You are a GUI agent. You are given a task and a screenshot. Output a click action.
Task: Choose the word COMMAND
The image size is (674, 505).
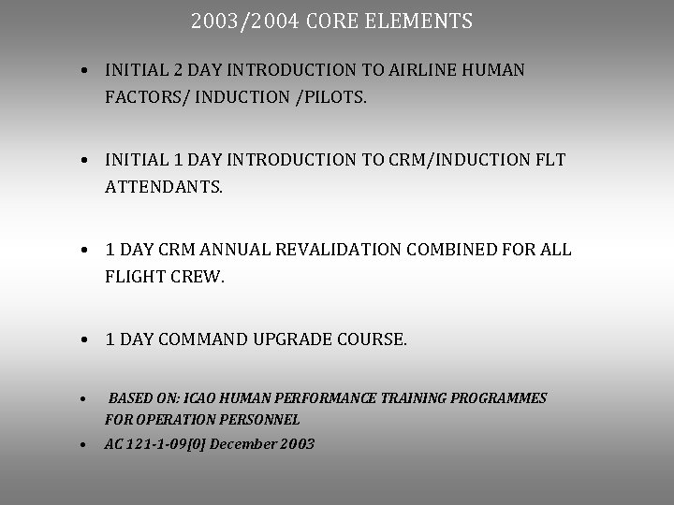203,339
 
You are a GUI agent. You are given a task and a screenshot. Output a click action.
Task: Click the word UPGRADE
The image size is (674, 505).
294,339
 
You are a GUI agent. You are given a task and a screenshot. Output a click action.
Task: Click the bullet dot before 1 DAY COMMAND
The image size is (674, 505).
84,339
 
